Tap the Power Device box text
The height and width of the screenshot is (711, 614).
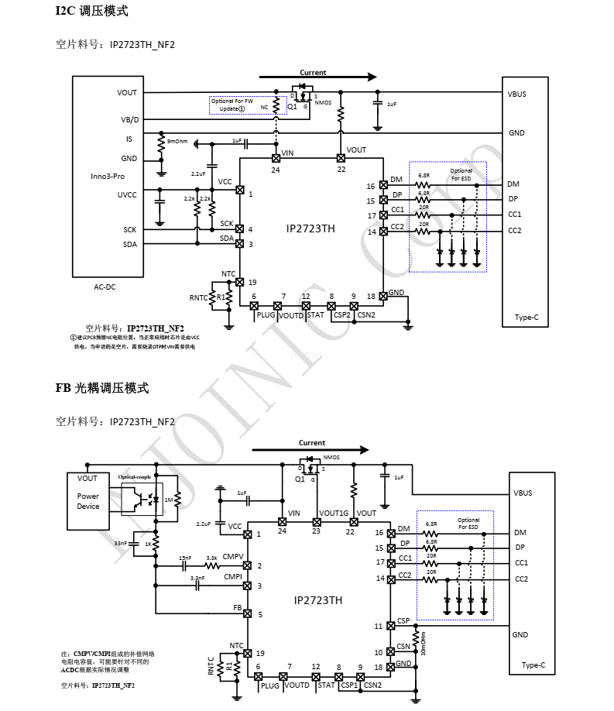click(88, 501)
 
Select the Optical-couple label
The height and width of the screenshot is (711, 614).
click(135, 477)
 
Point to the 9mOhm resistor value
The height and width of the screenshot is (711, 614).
click(177, 142)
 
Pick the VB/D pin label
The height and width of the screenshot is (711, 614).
click(130, 120)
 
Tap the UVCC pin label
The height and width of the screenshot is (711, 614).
click(128, 195)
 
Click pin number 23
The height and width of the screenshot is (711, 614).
click(316, 531)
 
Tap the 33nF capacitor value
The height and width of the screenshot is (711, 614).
click(121, 544)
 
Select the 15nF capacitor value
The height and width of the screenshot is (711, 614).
click(185, 558)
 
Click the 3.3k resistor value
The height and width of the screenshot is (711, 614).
click(211, 558)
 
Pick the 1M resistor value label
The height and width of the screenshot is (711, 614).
click(169, 500)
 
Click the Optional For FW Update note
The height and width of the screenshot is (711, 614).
click(232, 105)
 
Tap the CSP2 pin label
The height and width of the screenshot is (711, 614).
click(341, 315)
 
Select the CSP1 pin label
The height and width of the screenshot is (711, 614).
click(349, 685)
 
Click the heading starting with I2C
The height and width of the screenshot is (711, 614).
click(91, 12)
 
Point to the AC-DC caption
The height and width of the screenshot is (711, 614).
click(105, 287)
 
